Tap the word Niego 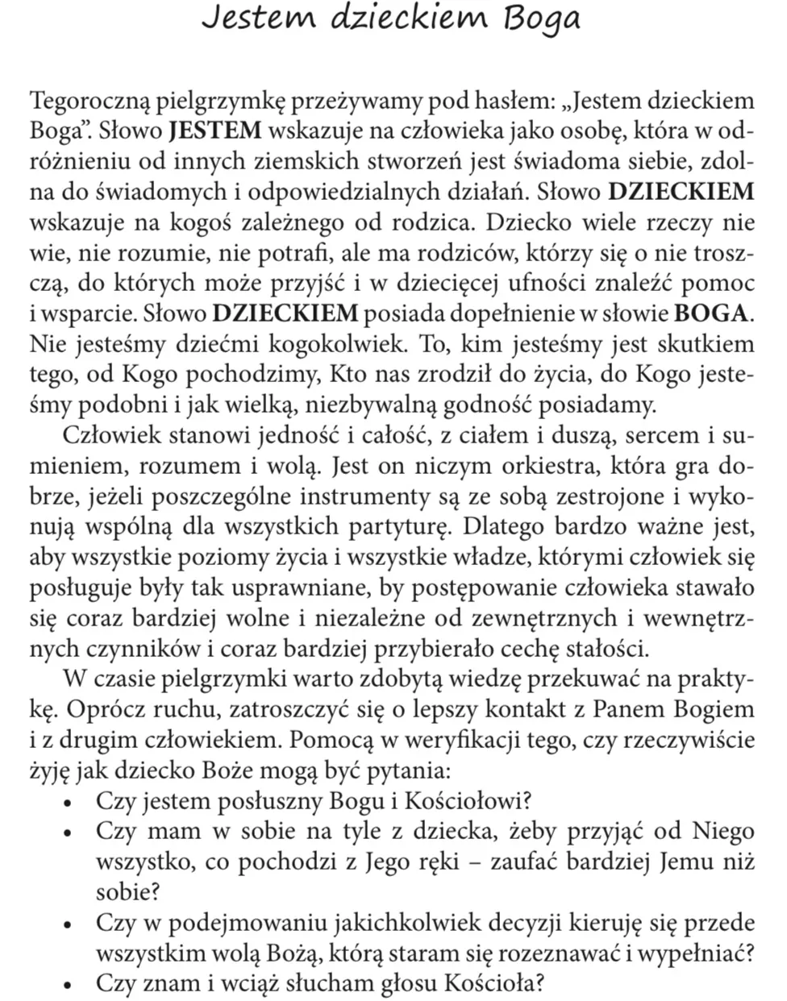pyautogui.click(x=722, y=832)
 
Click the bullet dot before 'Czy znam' pyautogui.click(x=70, y=984)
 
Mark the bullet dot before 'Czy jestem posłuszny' pyautogui.click(x=70, y=803)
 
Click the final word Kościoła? pyautogui.click(x=489, y=983)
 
